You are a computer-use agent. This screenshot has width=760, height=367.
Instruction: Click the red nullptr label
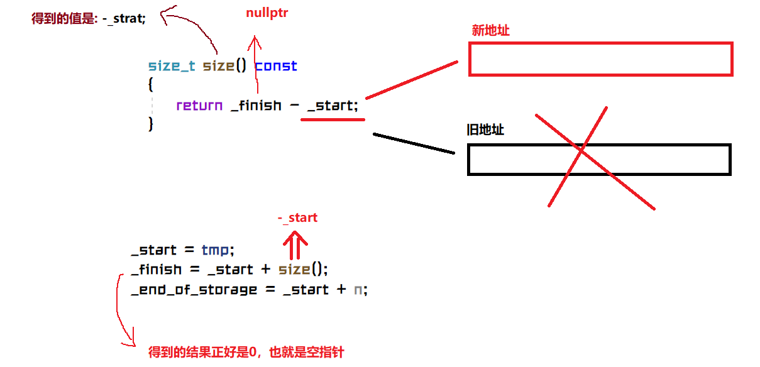tap(267, 13)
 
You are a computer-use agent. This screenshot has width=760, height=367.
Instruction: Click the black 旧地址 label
tap(485, 130)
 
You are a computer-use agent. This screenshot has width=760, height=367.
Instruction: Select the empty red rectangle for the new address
tap(600, 59)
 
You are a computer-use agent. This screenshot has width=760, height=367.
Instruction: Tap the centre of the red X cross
tap(582, 151)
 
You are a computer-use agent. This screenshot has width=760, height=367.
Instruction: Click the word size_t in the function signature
tap(172, 66)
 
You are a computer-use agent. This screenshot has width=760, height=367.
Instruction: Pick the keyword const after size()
tap(276, 66)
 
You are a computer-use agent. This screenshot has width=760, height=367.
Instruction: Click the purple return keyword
tap(199, 106)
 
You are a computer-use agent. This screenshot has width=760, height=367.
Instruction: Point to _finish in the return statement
tap(256, 106)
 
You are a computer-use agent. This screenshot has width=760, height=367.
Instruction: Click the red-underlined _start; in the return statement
tap(333, 106)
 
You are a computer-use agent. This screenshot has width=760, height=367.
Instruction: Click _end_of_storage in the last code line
tap(194, 290)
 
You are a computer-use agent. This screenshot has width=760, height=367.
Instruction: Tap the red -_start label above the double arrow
tap(297, 218)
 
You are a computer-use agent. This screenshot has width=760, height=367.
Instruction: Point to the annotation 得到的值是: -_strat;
tap(89, 19)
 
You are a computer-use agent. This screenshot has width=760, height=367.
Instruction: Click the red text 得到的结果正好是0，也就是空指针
tap(246, 352)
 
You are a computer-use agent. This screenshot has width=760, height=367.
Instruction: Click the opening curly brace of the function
tap(151, 84)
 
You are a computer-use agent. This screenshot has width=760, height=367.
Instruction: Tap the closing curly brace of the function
tap(151, 124)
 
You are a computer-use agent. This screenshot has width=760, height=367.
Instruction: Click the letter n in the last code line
tap(358, 290)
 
